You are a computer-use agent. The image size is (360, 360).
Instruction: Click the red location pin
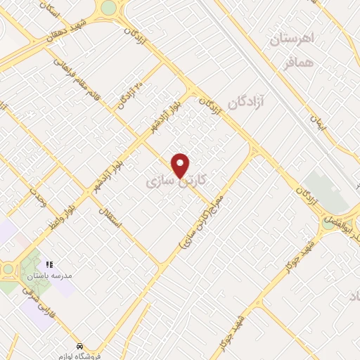coord(181,165)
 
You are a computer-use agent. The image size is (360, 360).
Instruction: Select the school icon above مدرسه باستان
coord(49,264)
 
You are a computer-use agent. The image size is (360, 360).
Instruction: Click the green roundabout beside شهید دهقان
coord(108,7)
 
